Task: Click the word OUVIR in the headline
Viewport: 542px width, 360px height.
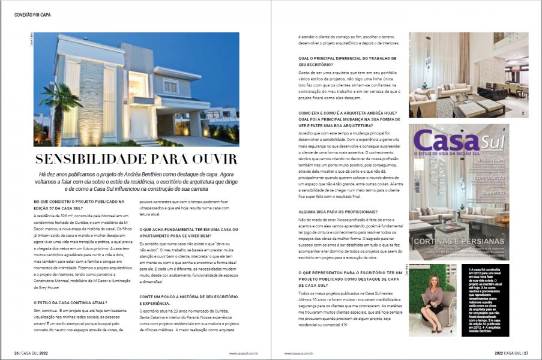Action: [210, 160]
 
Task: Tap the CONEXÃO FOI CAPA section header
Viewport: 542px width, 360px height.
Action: [34, 15]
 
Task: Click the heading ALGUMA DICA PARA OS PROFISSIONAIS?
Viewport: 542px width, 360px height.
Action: [338, 211]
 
